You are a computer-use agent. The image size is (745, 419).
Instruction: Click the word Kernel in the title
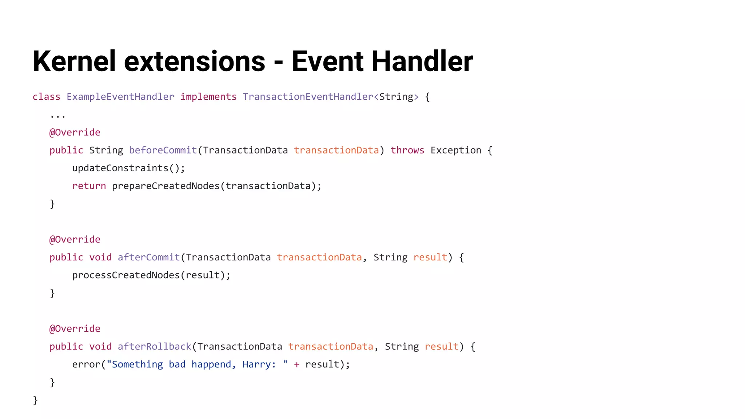click(x=74, y=61)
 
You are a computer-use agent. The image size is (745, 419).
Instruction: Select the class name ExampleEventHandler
click(x=120, y=97)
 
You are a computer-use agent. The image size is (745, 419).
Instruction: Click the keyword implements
click(x=208, y=97)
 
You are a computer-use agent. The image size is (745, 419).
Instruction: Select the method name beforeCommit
click(x=163, y=150)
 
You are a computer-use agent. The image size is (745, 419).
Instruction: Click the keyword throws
click(x=407, y=150)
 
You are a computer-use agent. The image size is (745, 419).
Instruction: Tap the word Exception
click(x=456, y=150)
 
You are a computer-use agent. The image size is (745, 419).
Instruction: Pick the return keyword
click(x=89, y=186)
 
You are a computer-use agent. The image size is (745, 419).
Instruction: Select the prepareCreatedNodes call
click(x=166, y=186)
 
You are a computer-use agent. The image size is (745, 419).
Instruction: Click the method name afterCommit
click(x=149, y=257)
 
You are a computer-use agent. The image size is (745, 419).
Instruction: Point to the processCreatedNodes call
click(x=126, y=275)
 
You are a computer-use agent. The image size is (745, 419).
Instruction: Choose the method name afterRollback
click(x=155, y=346)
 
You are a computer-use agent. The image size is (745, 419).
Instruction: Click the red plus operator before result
click(x=297, y=364)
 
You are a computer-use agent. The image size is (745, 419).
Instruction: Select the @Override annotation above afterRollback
click(x=75, y=328)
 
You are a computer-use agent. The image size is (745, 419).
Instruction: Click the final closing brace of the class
click(x=35, y=400)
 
